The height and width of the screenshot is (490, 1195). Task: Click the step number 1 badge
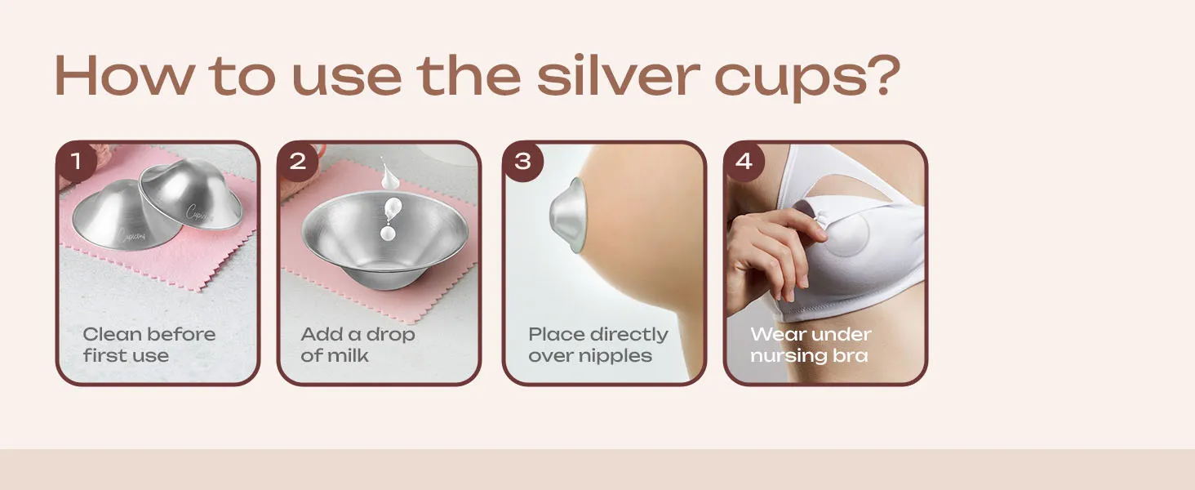[76, 161]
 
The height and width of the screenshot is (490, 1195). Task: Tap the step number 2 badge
[298, 161]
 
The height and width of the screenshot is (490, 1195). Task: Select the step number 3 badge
[522, 161]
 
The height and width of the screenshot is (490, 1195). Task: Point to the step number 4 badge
[744, 161]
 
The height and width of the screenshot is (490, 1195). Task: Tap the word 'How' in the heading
[122, 75]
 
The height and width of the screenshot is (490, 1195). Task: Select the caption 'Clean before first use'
[149, 345]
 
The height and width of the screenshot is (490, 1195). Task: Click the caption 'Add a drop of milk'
[358, 345]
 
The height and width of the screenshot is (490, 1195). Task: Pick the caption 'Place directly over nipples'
[597, 345]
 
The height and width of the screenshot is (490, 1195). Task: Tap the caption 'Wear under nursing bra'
[810, 345]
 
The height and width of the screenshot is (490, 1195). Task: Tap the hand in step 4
[767, 245]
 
